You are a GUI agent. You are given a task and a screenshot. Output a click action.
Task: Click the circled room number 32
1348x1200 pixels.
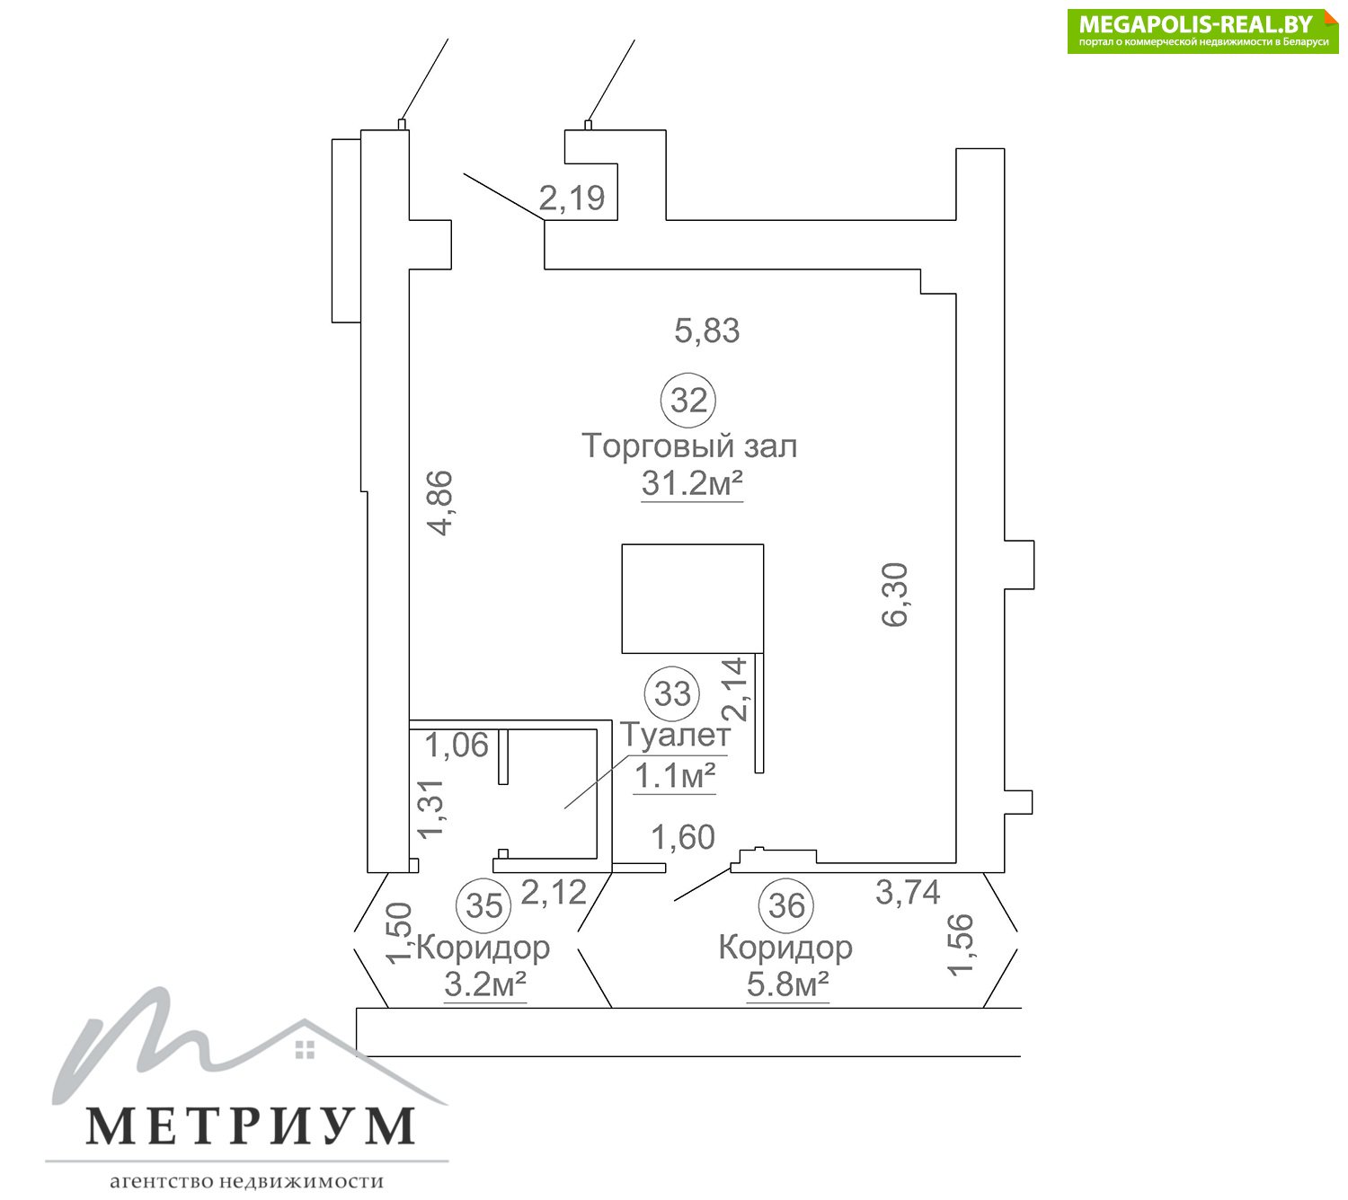pos(688,400)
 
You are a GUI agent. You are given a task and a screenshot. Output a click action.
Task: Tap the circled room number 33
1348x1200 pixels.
pos(672,693)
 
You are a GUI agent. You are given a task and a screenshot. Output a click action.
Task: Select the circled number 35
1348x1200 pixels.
pos(483,904)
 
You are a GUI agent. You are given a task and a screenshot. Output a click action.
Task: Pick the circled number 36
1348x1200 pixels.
pos(785,904)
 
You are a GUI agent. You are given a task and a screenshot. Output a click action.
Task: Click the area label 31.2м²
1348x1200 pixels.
pos(692,484)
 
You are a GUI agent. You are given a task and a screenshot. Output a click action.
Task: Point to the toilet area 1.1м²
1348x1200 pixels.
pos(675,776)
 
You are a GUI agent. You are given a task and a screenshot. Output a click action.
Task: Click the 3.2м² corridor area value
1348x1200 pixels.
pos(485,985)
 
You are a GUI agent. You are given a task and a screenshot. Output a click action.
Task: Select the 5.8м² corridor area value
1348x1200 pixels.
pos(787,985)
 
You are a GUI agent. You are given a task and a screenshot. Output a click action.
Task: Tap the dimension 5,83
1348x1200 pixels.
pos(707,331)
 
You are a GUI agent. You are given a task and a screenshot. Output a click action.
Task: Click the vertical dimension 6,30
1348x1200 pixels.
pos(897,595)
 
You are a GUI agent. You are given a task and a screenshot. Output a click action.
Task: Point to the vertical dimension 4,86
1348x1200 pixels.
pos(441,503)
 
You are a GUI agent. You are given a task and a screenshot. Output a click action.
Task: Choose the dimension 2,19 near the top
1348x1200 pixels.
pos(572,198)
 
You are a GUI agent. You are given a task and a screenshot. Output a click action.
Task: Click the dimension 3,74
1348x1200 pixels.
pos(908,893)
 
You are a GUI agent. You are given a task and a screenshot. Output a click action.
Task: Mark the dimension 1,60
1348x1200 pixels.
pos(683,837)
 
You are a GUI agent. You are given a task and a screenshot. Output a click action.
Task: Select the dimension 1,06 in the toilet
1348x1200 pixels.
pos(457,745)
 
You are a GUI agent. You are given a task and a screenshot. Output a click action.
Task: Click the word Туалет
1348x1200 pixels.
pos(676,735)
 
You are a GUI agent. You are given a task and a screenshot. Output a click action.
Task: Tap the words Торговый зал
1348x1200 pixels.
pos(689,446)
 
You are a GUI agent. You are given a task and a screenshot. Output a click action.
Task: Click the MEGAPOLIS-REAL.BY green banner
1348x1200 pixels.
pos(1202,31)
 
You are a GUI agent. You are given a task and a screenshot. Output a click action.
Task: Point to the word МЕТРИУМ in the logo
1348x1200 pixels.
pos(251,1126)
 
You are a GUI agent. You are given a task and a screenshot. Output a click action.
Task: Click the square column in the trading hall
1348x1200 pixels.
pos(693,598)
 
